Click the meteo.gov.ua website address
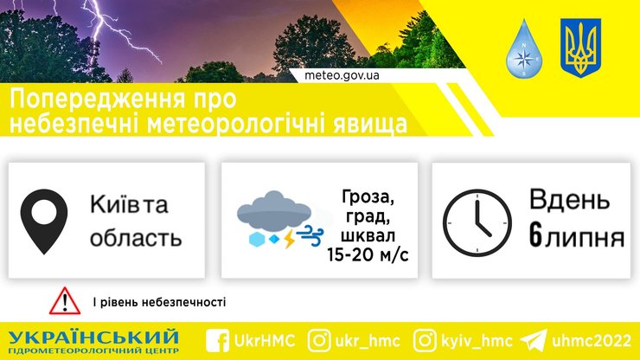pos(342,74)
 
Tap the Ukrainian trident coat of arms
pos(580,48)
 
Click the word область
pos(136,237)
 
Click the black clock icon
pos(478,221)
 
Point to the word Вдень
pos(564,202)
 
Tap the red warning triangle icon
pos(65,300)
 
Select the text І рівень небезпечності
pos(159,302)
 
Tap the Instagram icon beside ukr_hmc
pos(319,339)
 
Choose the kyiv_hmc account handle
pos(476,339)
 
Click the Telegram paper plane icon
pos(534,339)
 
